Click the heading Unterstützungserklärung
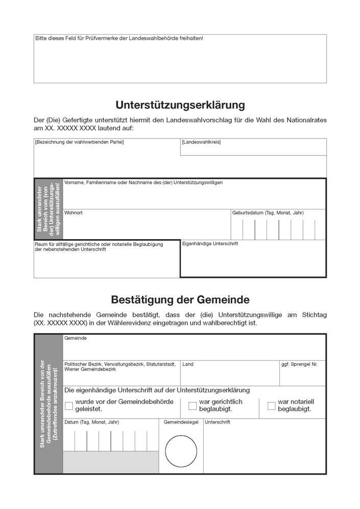pyautogui.click(x=180, y=105)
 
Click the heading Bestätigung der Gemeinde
pyautogui.click(x=180, y=298)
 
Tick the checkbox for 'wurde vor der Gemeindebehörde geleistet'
pyautogui.click(x=69, y=406)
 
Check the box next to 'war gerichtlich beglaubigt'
pyautogui.click(x=193, y=406)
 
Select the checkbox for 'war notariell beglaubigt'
pyautogui.click(x=272, y=406)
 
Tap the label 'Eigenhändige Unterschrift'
pyautogui.click(x=210, y=244)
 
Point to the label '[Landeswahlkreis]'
pyautogui.click(x=201, y=142)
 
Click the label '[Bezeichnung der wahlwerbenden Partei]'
pyautogui.click(x=79, y=142)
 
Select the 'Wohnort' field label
pyautogui.click(x=74, y=213)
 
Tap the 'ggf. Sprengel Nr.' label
pyautogui.click(x=299, y=364)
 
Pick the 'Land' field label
pyautogui.click(x=187, y=364)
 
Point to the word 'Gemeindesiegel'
pyautogui.click(x=180, y=423)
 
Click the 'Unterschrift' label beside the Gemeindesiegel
pyautogui.click(x=218, y=423)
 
